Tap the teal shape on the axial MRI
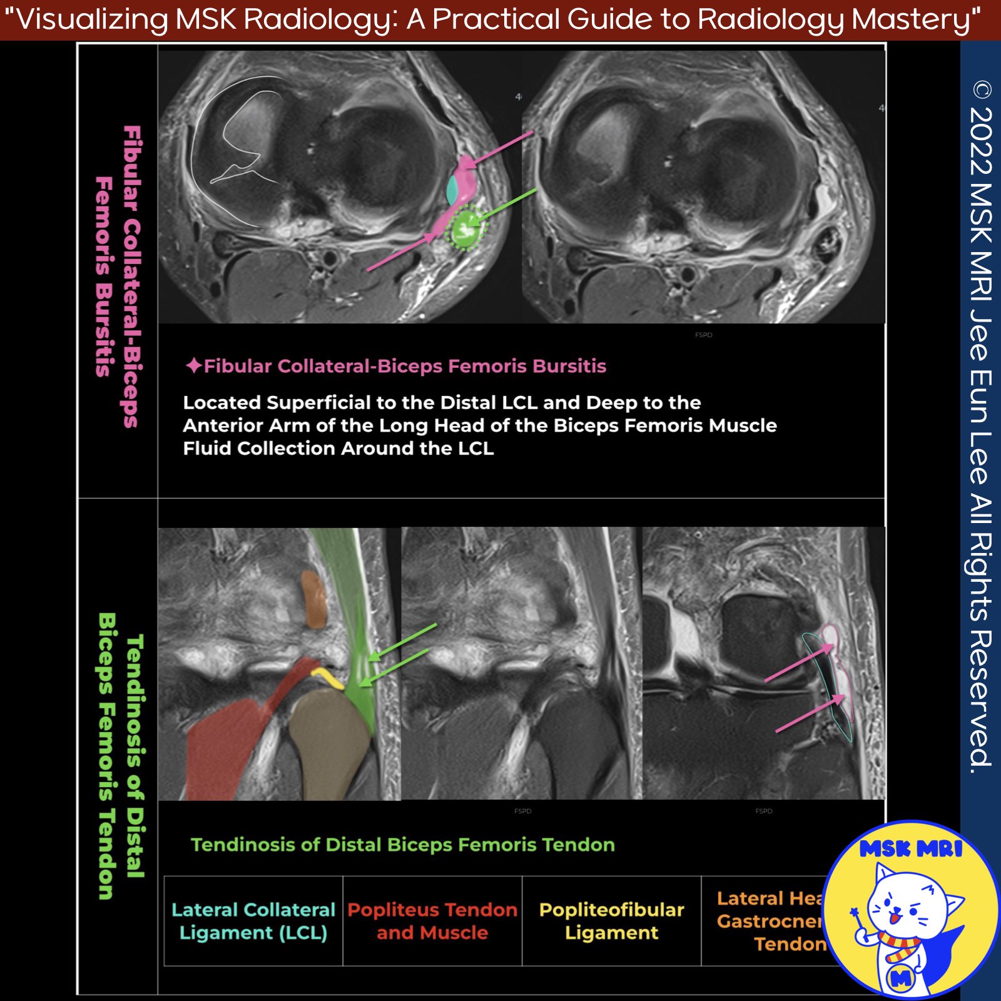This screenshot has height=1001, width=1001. point(452,190)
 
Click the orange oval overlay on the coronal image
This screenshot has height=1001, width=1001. point(313,599)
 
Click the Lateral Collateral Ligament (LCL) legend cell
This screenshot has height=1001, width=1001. point(253,921)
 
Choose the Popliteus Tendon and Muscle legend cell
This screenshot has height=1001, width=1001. point(432,921)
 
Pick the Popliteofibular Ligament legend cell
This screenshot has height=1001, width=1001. point(611,921)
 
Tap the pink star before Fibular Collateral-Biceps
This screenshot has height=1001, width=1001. point(193,365)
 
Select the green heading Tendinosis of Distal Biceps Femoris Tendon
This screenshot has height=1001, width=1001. point(403,845)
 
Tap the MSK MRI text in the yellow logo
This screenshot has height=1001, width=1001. point(910,849)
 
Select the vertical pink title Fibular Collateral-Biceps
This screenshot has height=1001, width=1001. point(132,275)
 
